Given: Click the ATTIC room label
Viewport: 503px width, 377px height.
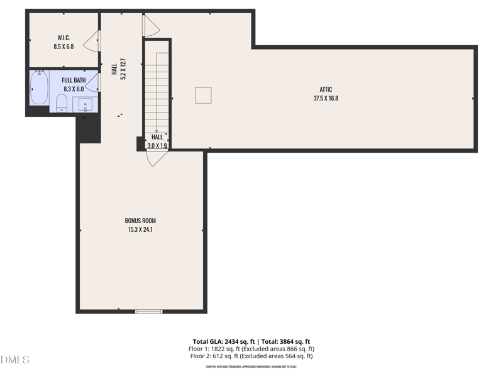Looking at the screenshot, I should click(326, 89).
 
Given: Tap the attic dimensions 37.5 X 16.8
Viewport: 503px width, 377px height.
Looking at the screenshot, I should click(326, 98).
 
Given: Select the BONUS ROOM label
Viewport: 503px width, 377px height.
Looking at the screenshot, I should click(140, 221).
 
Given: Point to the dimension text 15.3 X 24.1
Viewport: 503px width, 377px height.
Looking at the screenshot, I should click(140, 229).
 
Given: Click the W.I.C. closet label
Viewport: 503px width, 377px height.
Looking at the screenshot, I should click(63, 37).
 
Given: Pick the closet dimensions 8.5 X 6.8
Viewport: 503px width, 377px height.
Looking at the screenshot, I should click(63, 46).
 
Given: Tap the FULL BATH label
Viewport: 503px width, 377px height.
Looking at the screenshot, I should click(73, 80).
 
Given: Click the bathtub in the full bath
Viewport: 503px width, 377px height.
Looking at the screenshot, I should click(39, 88).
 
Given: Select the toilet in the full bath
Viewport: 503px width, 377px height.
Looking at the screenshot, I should click(62, 104).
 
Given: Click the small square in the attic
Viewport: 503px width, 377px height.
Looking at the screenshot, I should click(202, 95).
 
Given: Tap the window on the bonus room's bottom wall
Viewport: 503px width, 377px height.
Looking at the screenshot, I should click(149, 311).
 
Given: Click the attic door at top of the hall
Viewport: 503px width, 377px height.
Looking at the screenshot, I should click(151, 25).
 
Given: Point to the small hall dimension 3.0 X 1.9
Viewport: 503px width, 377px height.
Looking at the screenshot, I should click(157, 146).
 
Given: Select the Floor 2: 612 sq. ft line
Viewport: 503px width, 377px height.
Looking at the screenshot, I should click(251, 356).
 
